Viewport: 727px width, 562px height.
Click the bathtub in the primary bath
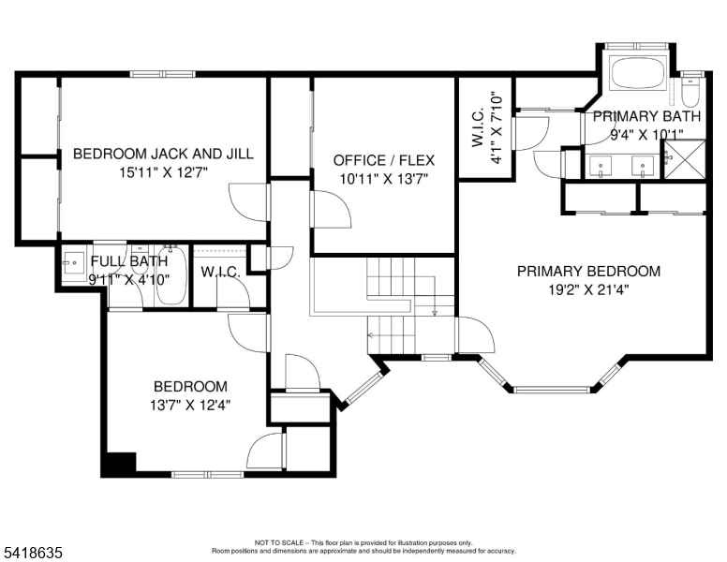(x=638, y=73)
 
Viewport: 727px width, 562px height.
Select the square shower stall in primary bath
(x=685, y=158)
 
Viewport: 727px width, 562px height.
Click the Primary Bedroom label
(x=589, y=271)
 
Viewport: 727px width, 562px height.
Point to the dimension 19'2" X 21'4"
(x=589, y=289)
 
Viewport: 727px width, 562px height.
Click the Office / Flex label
(x=384, y=160)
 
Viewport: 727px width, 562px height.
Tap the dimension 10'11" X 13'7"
(x=384, y=179)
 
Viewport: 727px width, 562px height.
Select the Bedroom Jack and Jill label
(x=163, y=154)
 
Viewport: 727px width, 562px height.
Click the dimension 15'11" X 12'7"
(x=163, y=172)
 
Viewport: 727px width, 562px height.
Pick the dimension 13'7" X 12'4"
(x=190, y=406)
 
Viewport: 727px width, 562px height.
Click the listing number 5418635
(x=33, y=553)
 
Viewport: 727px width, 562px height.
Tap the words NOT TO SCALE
(x=279, y=542)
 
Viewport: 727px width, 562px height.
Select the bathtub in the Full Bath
(x=171, y=275)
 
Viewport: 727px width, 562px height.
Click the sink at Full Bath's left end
(x=74, y=263)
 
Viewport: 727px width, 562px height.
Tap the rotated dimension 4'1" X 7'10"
(x=486, y=127)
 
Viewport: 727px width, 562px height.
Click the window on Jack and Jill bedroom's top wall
(x=162, y=74)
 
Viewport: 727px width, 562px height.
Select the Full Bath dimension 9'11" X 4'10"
(x=129, y=280)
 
